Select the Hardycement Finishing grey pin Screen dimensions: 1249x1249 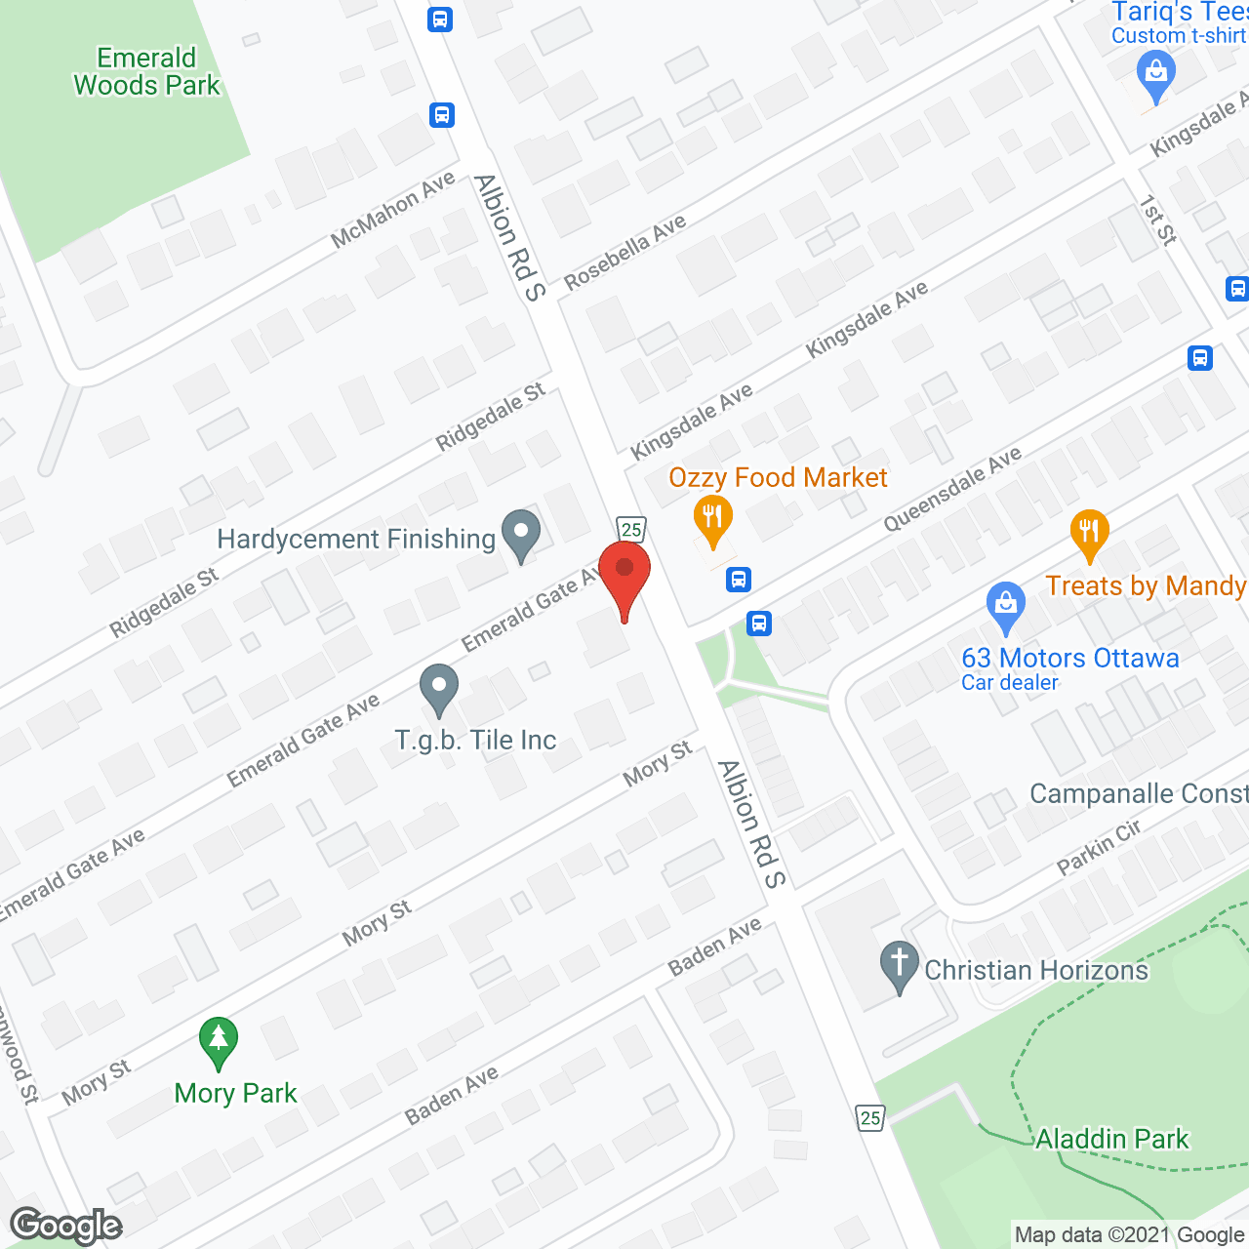pyautogui.click(x=520, y=535)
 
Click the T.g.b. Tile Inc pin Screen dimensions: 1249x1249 pyautogui.click(x=439, y=688)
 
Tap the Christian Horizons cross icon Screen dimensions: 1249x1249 pyautogui.click(x=900, y=965)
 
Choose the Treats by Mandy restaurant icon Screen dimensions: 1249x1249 pyautogui.click(x=1089, y=534)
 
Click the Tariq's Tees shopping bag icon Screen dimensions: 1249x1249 pyautogui.click(x=1156, y=75)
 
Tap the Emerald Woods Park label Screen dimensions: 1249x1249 pyautogui.click(x=147, y=72)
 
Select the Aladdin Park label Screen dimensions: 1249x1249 pyautogui.click(x=1112, y=1139)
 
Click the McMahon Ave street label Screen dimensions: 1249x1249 pyautogui.click(x=393, y=210)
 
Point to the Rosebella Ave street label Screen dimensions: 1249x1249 pyautogui.click(x=625, y=252)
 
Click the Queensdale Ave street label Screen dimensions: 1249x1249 pyautogui.click(x=952, y=488)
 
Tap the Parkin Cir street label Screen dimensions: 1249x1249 pyautogui.click(x=1099, y=847)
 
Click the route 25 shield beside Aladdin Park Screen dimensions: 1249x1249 pyautogui.click(x=870, y=1117)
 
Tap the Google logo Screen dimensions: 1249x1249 pyautogui.click(x=66, y=1226)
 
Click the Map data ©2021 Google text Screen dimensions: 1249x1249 pyautogui.click(x=1129, y=1235)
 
